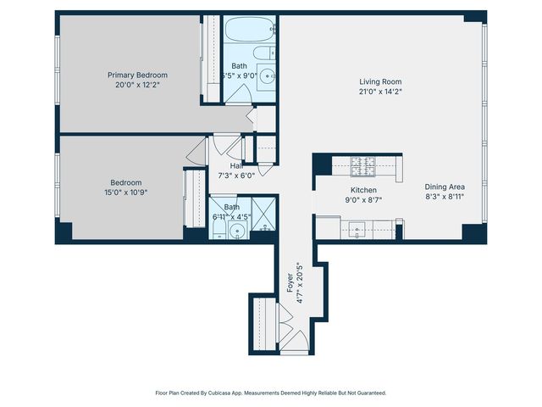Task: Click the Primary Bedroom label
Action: [x=137, y=75]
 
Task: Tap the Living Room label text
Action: [x=380, y=82]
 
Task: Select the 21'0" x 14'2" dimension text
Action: [x=380, y=92]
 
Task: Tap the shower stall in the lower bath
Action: [x=263, y=212]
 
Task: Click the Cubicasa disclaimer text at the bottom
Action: [x=270, y=393]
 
